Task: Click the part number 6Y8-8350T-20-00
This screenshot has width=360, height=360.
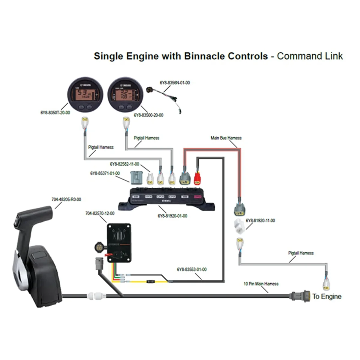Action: (x=55, y=113)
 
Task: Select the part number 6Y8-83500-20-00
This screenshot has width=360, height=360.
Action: (x=148, y=115)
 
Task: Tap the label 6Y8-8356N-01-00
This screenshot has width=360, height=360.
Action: (x=175, y=83)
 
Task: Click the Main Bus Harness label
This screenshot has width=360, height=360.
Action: (x=226, y=138)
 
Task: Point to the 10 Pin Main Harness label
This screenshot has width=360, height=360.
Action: (x=261, y=284)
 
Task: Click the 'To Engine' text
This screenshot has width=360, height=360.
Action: (x=327, y=296)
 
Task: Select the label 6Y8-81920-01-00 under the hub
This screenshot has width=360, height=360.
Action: (x=172, y=216)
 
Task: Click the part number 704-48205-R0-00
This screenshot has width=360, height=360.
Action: (x=66, y=199)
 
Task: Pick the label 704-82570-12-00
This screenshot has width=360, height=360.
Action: (x=100, y=214)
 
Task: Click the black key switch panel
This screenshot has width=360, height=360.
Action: (x=119, y=243)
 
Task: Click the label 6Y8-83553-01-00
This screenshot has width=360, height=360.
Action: (x=192, y=269)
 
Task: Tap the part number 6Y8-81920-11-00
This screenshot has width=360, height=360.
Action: (x=260, y=220)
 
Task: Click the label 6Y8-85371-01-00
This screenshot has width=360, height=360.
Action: (x=105, y=173)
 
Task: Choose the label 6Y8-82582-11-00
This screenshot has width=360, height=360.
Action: (x=124, y=164)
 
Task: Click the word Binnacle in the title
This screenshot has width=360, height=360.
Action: (x=205, y=56)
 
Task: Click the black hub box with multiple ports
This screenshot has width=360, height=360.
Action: (x=166, y=198)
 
